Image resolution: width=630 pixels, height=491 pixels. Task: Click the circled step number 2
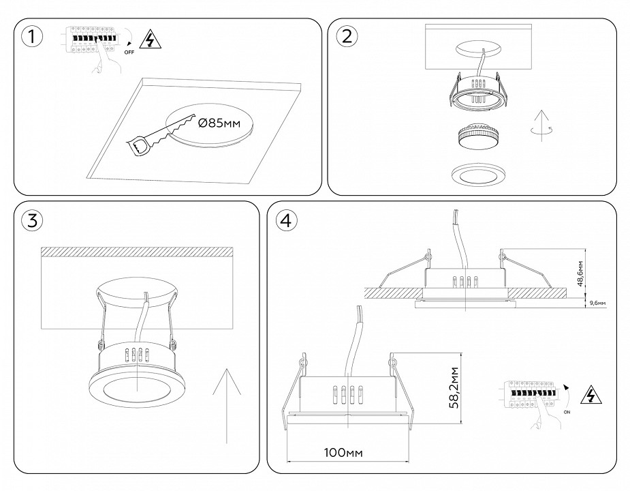point(346,37)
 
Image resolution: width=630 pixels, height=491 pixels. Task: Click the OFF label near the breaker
point(129,51)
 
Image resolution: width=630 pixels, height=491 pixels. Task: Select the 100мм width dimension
point(343,452)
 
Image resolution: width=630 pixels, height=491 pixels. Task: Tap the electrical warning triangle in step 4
point(590,395)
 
